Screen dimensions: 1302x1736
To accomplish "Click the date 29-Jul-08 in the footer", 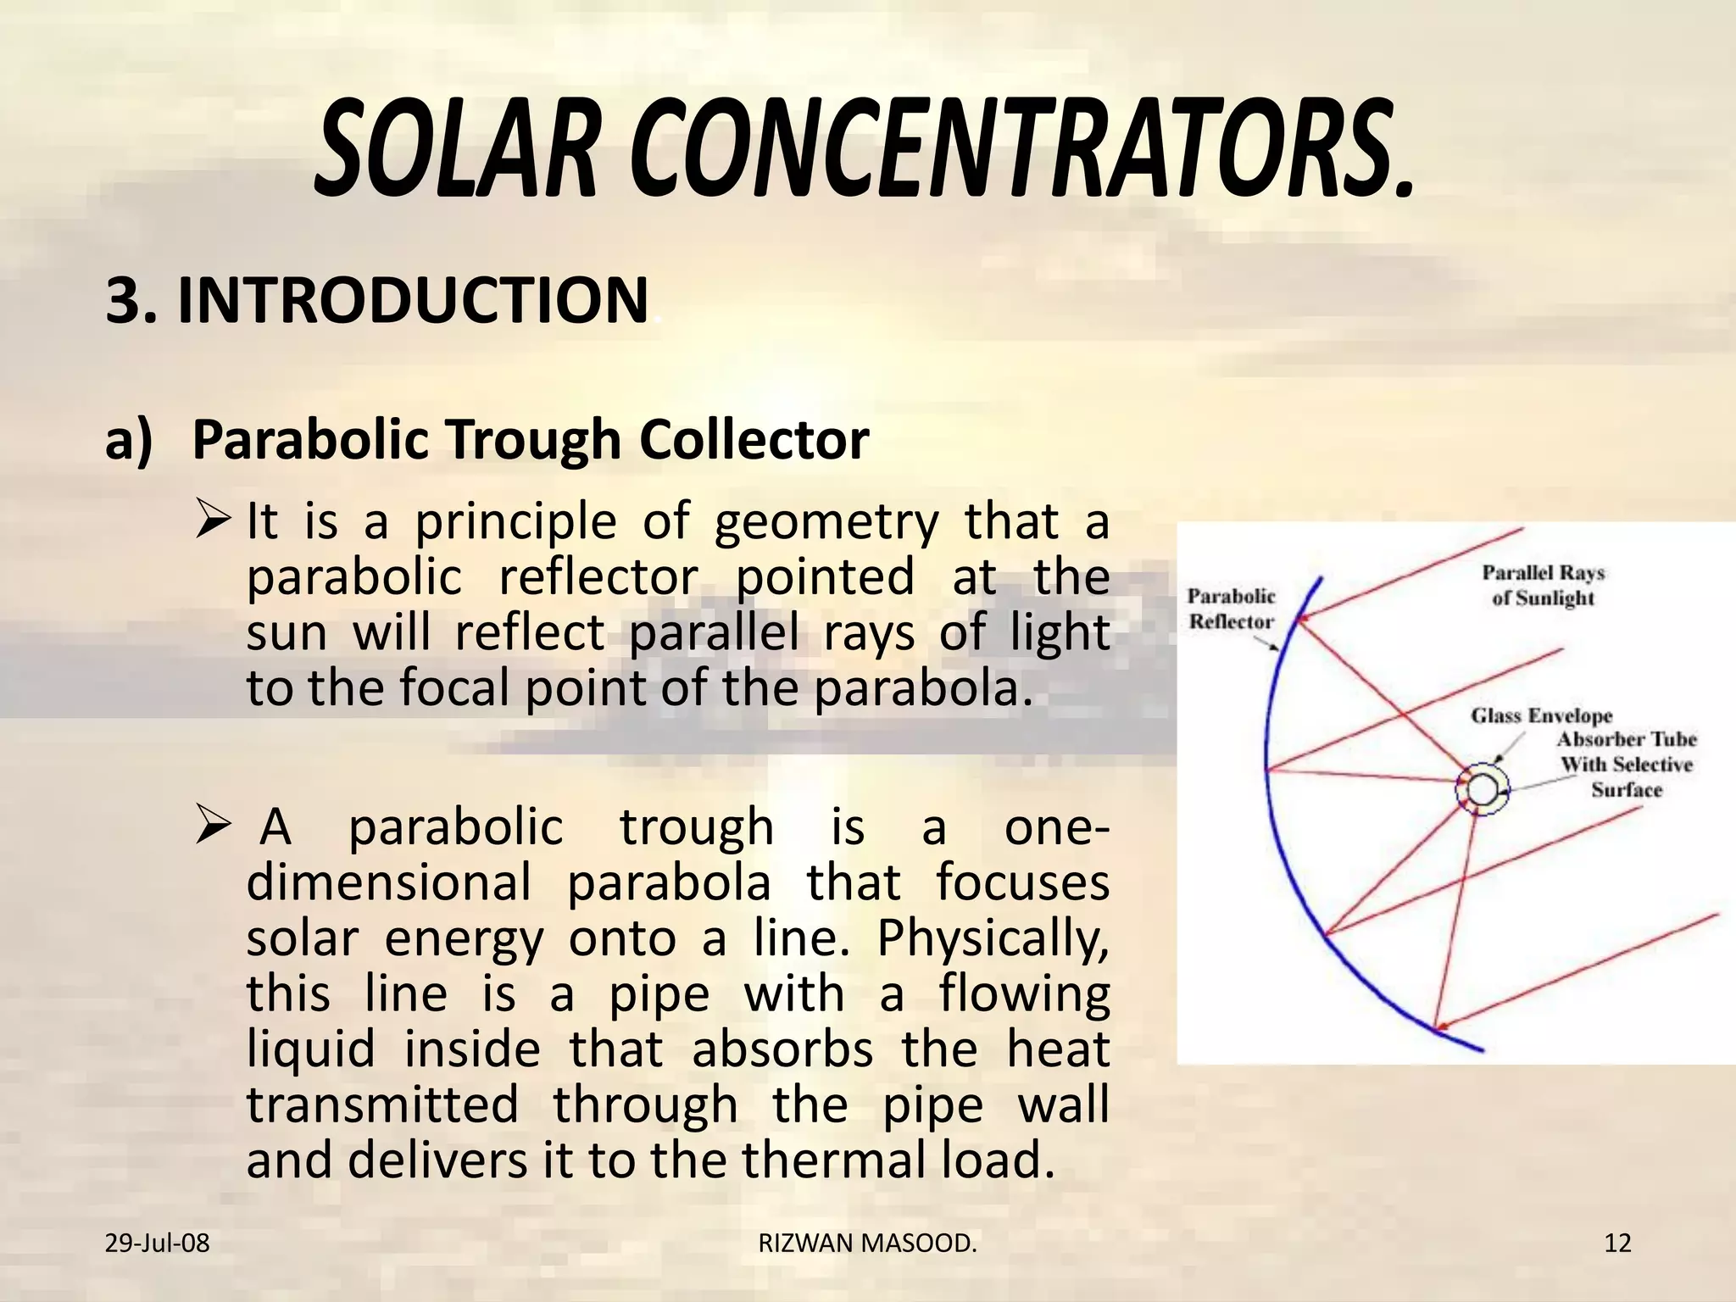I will [157, 1244].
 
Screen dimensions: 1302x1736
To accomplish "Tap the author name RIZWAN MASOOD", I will [867, 1244].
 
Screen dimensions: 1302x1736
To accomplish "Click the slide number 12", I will [1617, 1244].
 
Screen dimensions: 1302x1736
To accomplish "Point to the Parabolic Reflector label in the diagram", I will [1231, 609].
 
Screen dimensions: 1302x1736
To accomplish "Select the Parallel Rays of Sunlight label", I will [1544, 586].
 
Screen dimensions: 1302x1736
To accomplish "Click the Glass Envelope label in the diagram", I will [1541, 716].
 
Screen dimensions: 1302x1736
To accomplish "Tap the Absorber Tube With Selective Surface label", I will [1627, 765].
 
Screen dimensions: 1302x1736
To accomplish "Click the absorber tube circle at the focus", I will [1483, 790].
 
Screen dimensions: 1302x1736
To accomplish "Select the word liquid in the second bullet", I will [310, 1050].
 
